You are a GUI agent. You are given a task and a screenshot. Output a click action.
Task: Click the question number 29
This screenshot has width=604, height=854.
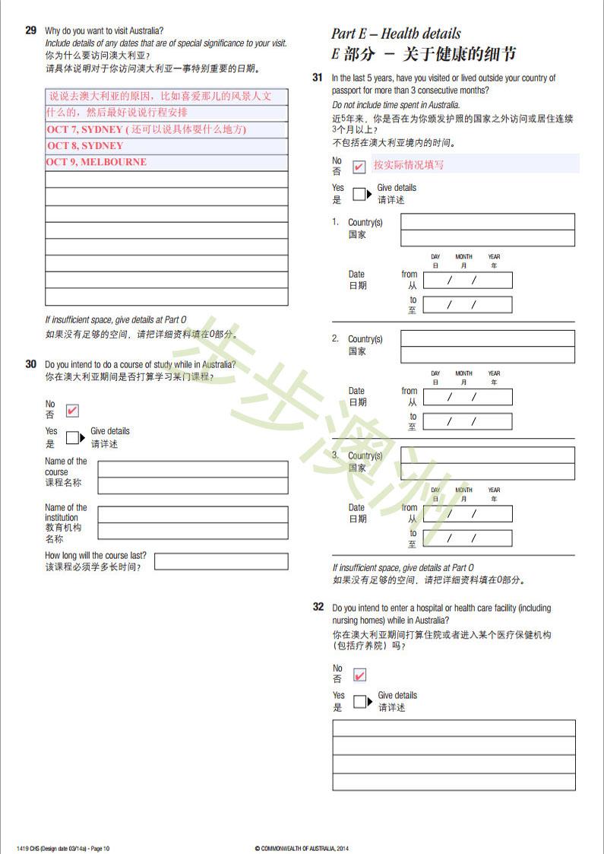30,30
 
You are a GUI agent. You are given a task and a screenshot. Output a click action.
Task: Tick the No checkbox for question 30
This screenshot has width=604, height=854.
72,411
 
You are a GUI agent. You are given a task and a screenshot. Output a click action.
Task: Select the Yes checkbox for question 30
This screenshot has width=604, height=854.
72,438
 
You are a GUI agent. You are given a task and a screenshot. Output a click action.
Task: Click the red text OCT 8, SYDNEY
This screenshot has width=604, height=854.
85,145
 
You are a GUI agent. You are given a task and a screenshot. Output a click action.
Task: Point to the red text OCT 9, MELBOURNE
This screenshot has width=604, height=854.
96,162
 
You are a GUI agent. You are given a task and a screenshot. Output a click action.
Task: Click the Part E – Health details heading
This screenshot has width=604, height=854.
396,33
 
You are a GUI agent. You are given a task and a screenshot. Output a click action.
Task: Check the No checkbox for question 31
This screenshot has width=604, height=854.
359,167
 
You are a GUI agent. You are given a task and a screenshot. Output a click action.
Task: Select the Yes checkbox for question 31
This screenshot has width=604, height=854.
359,194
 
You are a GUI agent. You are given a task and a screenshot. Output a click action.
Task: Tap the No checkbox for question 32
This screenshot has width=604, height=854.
359,675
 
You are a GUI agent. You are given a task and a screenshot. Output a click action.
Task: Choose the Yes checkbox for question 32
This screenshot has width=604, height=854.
360,701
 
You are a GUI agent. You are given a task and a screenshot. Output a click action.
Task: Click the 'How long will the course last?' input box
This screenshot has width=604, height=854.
221,561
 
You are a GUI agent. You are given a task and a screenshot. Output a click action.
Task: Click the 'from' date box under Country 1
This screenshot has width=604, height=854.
467,280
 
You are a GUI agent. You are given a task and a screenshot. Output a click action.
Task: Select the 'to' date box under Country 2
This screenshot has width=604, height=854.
467,421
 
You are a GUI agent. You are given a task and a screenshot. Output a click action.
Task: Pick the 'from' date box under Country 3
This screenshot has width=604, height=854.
467,513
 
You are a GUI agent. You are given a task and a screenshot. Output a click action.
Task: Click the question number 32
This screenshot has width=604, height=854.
318,607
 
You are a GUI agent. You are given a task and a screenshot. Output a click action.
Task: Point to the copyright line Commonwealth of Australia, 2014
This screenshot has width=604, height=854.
302,848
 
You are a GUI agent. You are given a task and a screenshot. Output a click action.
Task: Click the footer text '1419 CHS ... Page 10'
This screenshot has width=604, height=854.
63,848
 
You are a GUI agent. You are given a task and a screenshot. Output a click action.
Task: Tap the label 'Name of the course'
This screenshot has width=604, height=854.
66,466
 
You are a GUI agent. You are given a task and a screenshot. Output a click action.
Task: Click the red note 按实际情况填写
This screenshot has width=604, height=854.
409,164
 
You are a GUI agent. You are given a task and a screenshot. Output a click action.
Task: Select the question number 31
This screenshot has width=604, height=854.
318,78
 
